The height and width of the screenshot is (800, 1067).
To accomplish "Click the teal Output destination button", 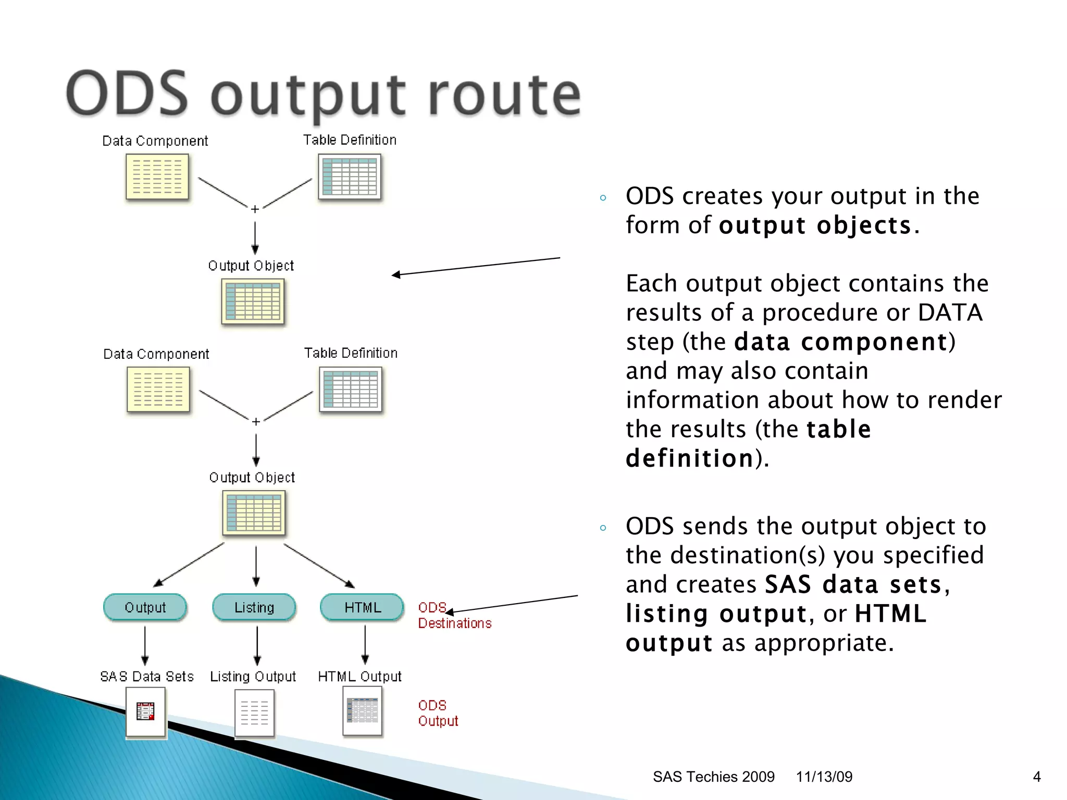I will coord(145,607).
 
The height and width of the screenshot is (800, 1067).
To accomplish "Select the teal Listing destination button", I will coord(254,607).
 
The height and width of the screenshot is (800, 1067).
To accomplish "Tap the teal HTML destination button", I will coord(363,607).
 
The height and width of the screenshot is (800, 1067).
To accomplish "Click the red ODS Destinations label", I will coord(454,616).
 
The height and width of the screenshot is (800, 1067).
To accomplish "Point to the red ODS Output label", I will coord(438,713).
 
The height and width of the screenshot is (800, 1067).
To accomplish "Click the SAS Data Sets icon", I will coord(146,711).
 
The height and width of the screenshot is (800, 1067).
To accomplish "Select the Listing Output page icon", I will coord(254,713).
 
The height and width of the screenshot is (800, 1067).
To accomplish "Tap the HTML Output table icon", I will coord(363,710).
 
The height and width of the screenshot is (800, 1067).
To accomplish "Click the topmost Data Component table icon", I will coord(157,177).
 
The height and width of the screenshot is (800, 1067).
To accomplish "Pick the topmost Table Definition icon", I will coord(350,177).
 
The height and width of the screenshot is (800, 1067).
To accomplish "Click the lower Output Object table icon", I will coord(254,513).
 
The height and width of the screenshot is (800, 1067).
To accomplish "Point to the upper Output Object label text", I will coord(251,266).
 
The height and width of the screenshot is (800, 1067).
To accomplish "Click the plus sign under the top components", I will coord(255,209).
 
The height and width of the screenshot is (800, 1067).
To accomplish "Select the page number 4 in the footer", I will coord(1036,777).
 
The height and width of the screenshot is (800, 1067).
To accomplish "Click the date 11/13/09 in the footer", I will coord(824,777).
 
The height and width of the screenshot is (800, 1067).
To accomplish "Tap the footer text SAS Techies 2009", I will coord(713,777).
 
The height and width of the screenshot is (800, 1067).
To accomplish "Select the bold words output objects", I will coord(815,225).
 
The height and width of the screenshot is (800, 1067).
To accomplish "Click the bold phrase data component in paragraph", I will coord(840,342).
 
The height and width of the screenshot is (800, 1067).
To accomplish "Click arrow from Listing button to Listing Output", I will coord(257,645).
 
